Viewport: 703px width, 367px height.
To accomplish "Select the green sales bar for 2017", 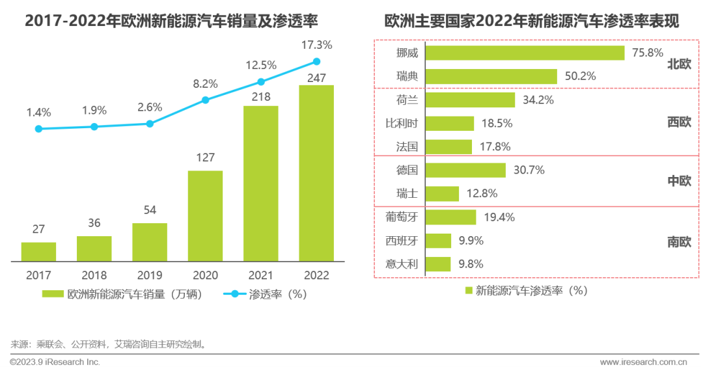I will pyautogui.click(x=38, y=252).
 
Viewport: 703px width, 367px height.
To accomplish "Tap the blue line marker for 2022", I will pyautogui.click(x=316, y=61).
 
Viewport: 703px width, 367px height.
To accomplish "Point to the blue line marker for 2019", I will pyautogui.click(x=150, y=124).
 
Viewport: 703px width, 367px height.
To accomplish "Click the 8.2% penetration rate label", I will pyautogui.click(x=204, y=83).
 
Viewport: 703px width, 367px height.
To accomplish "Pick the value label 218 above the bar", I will pyautogui.click(x=260, y=97).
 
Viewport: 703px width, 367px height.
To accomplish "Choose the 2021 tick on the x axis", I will pyautogui.click(x=260, y=275).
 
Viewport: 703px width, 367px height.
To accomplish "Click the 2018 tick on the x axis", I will pyautogui.click(x=94, y=275).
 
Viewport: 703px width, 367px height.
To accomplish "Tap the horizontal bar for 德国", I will pyautogui.click(x=466, y=170).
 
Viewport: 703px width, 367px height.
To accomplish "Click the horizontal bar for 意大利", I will pyautogui.click(x=438, y=264).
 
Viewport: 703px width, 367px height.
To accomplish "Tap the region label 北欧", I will pyautogui.click(x=679, y=64).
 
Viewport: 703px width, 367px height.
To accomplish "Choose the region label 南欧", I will pyautogui.click(x=679, y=241).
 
